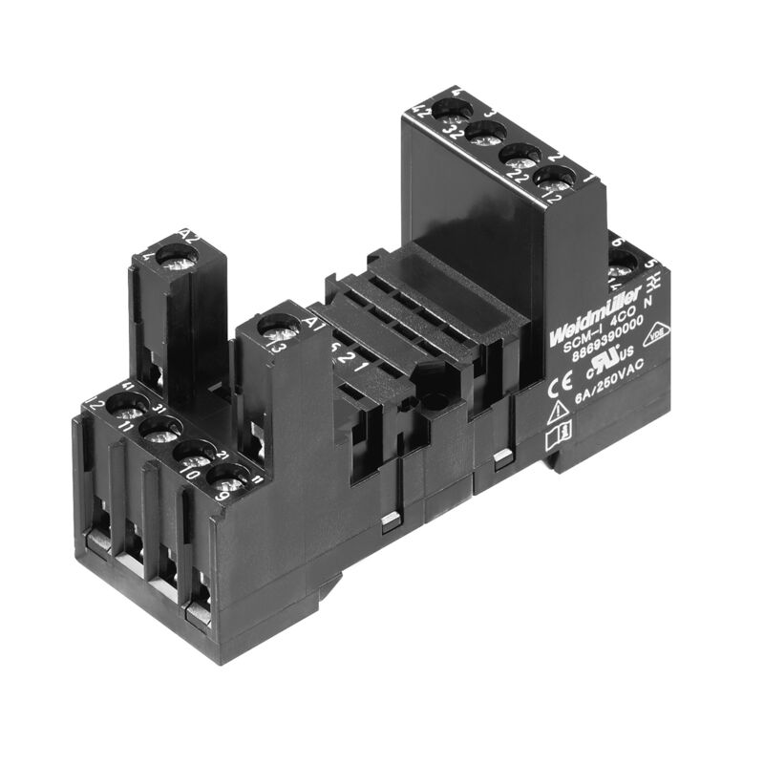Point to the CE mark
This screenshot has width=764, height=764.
click(x=560, y=388)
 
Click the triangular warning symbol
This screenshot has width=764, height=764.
click(x=558, y=413)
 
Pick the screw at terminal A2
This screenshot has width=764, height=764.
click(x=177, y=256)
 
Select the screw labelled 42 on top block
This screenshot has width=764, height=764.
click(x=447, y=110)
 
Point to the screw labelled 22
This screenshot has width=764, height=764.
click(x=520, y=155)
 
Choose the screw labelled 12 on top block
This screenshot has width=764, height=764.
click(x=555, y=177)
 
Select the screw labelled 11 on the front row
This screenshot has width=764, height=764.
click(x=159, y=431)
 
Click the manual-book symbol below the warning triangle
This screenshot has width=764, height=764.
click(x=557, y=438)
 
